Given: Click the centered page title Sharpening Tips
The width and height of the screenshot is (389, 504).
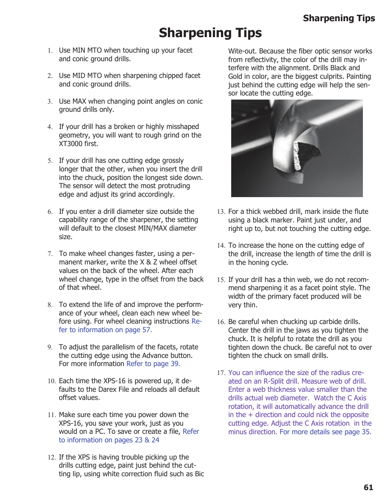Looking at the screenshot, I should tap(210, 33).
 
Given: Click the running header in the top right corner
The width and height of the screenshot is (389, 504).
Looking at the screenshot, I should tap(338, 18).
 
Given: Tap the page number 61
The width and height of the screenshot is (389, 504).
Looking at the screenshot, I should tap(368, 487).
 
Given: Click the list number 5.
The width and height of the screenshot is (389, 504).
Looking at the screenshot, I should tap(50, 161).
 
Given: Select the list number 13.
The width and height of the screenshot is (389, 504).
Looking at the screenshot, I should tap(221, 212).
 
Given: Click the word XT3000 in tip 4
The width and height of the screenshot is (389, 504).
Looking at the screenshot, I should tap(71, 144).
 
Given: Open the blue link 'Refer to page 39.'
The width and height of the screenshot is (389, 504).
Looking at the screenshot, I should tap(153, 364).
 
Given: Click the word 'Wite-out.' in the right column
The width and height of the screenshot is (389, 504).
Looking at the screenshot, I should tap(242, 51).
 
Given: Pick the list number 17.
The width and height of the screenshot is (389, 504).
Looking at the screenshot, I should tap(221, 373).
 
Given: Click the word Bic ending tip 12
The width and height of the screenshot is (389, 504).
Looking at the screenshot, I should tap(199, 474).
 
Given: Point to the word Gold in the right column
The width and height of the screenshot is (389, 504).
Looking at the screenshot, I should tap(236, 76).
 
